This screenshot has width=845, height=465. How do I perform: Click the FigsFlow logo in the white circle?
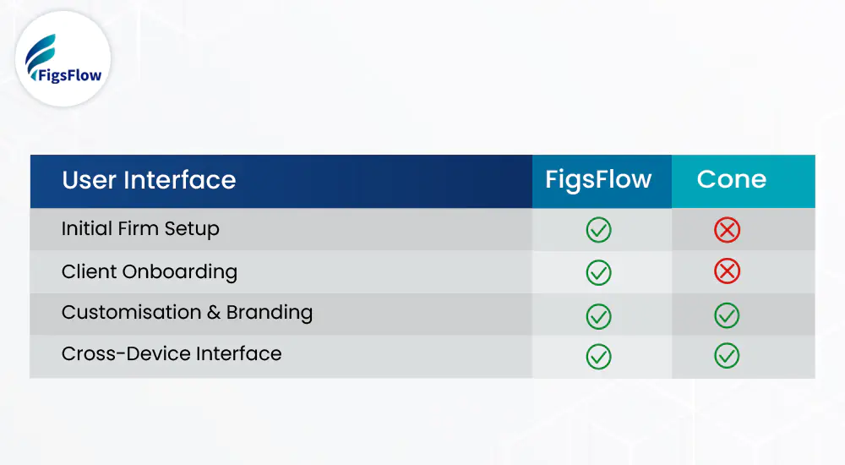63,58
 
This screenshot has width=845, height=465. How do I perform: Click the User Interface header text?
149,180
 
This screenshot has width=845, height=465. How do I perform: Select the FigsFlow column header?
598,180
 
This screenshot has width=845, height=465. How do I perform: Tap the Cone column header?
732,179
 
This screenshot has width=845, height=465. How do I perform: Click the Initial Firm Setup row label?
140,229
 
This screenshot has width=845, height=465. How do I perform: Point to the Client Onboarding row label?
150,271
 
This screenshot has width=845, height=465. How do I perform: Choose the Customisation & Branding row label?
187,313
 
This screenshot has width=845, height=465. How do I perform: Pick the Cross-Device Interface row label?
172,353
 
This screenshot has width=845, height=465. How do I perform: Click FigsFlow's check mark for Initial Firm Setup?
598,230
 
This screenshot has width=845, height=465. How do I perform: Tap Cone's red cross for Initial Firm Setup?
727,230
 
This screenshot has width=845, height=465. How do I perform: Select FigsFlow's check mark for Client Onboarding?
598,271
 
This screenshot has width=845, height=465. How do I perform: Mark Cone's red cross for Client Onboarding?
727,271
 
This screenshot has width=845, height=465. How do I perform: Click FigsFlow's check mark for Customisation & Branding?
598,315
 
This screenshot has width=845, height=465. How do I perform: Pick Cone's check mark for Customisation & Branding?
727,315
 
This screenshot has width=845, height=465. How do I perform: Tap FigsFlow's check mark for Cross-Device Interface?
598,356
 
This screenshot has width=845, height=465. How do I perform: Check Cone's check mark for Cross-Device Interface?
727,356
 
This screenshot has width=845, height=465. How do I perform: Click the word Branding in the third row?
270,313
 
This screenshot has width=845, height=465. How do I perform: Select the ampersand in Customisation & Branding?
211,313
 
